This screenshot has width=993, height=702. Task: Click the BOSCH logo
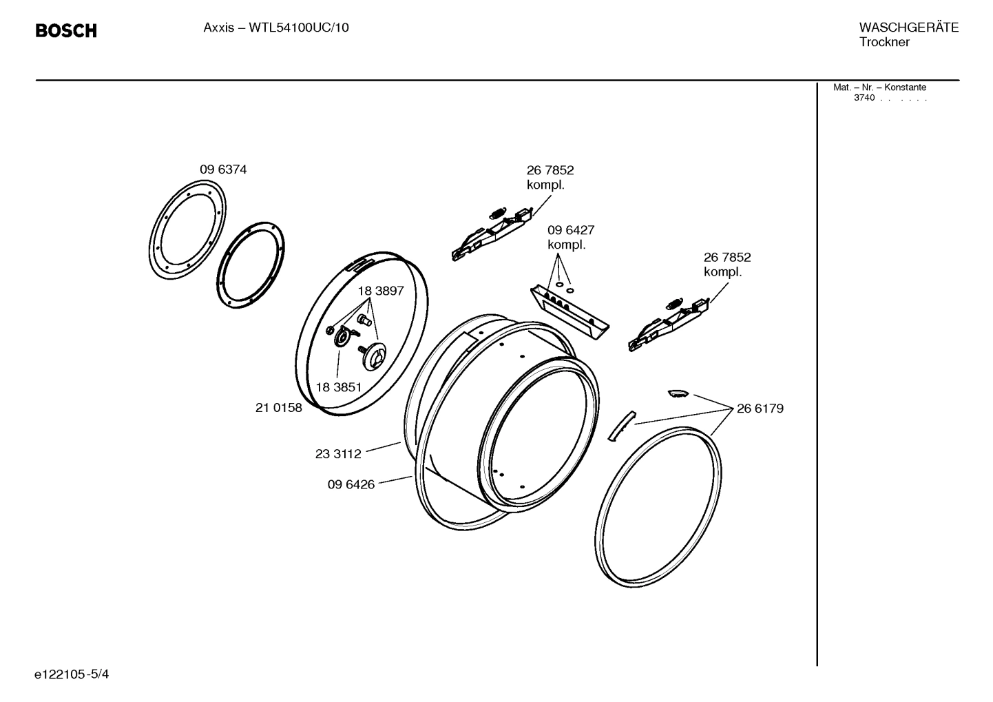click(x=66, y=31)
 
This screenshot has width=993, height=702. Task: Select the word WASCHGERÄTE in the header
click(x=908, y=28)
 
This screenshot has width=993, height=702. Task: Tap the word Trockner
click(x=884, y=43)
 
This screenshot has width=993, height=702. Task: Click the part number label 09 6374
click(x=223, y=169)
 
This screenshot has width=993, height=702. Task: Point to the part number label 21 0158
click(x=278, y=408)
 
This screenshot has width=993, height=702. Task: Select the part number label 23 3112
click(x=338, y=454)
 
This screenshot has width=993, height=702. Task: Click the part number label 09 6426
click(x=351, y=484)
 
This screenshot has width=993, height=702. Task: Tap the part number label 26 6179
click(x=760, y=409)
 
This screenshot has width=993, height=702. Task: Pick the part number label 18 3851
click(x=338, y=387)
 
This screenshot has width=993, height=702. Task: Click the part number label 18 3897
click(x=380, y=291)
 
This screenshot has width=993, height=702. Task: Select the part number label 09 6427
click(x=570, y=230)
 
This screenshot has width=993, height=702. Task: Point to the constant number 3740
click(x=864, y=99)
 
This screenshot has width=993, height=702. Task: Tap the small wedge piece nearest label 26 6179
click(x=677, y=393)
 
